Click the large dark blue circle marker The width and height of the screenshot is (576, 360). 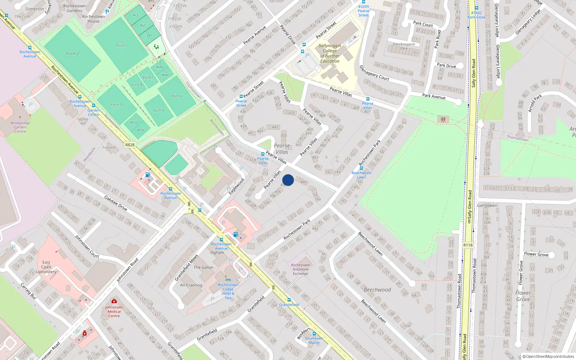tap(288, 180)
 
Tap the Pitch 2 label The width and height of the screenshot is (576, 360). tap(72, 54)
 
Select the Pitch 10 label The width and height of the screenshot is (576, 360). tap(117, 105)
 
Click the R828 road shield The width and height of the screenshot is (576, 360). tap(130, 145)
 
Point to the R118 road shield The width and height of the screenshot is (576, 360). tap(468, 245)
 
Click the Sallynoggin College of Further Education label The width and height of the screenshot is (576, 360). tap(330, 53)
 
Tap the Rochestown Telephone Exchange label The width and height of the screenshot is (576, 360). tap(300, 269)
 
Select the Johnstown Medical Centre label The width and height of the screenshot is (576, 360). tap(114, 311)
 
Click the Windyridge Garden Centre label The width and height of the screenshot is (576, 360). tap(20, 127)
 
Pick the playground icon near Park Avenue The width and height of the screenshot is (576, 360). tap(443, 119)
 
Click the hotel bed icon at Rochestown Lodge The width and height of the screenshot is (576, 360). tap(228, 280)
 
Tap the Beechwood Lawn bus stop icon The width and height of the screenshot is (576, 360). tap(361, 168)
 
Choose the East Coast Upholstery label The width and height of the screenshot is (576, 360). tap(46, 267)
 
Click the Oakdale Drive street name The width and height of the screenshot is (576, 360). tap(116, 203)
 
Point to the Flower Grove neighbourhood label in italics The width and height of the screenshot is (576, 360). tap(523, 296)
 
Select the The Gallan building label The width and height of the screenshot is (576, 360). tap(203, 267)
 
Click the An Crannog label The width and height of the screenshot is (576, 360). tap(191, 285)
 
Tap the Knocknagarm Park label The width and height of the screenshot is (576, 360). tap(404, 46)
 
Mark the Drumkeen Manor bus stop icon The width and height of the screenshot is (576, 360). tap(314, 334)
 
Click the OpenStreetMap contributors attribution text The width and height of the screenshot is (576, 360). tap(548, 357)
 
